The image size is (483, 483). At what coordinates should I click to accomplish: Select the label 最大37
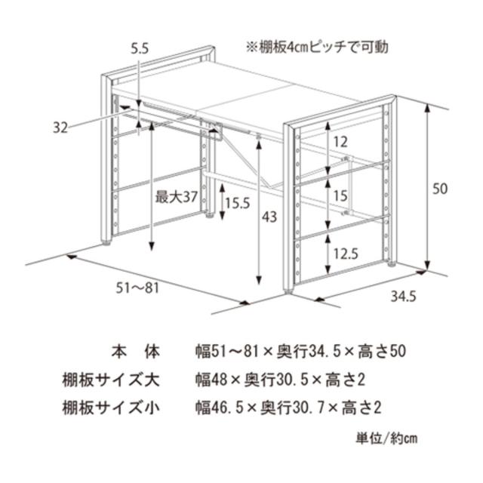point(176,198)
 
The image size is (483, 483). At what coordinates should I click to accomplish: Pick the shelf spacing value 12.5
point(344,254)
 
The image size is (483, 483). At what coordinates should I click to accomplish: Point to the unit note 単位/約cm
point(387,439)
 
